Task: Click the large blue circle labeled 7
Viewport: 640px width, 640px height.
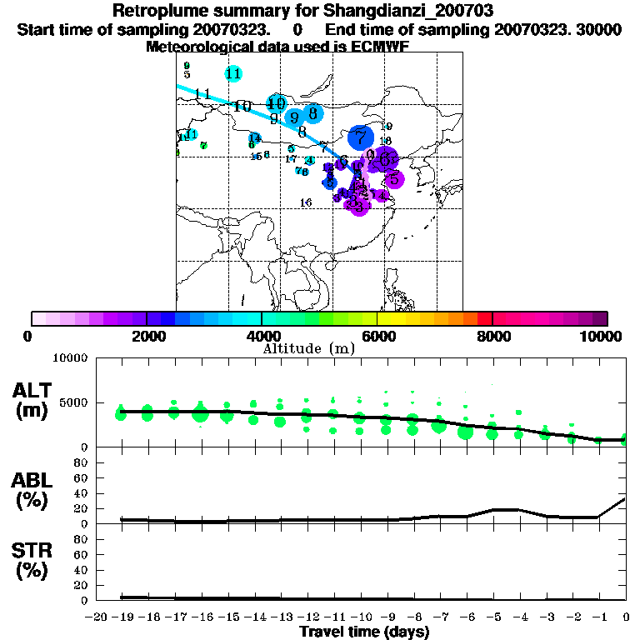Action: tap(360, 137)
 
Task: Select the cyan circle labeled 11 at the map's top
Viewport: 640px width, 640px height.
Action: tap(233, 73)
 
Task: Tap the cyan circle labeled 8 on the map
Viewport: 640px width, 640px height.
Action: tap(312, 113)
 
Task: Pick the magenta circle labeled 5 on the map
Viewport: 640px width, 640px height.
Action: tap(394, 178)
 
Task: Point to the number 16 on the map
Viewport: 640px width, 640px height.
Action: tap(306, 202)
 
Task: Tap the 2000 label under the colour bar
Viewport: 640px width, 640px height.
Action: tap(147, 337)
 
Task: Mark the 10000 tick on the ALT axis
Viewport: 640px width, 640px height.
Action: tap(70, 358)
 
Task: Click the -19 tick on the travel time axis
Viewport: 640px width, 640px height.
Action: tap(121, 617)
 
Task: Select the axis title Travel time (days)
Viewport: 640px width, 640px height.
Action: tap(364, 632)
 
